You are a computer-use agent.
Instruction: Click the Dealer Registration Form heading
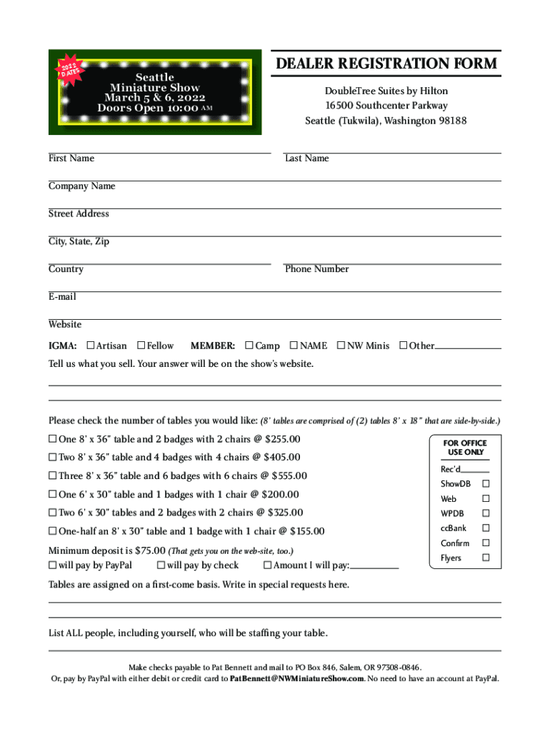point(386,64)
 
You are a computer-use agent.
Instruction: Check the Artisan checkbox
point(90,346)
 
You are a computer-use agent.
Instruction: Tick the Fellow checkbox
point(141,346)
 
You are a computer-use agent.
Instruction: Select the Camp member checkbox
point(249,346)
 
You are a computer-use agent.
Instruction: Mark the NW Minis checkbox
point(341,346)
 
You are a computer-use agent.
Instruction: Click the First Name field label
point(71,158)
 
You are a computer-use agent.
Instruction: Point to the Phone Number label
point(316,269)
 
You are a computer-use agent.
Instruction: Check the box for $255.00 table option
point(52,439)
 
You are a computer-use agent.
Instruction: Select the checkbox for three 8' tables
point(52,476)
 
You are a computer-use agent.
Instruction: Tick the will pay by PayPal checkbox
point(52,565)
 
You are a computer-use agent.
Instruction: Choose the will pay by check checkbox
point(160,565)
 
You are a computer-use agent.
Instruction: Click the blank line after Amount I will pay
point(374,568)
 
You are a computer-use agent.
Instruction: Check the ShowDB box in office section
point(486,484)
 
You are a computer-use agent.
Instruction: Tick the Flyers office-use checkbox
point(486,558)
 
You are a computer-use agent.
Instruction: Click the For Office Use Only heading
point(465,448)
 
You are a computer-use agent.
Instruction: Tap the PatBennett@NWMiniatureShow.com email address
point(297,679)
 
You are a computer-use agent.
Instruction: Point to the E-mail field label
point(62,297)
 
